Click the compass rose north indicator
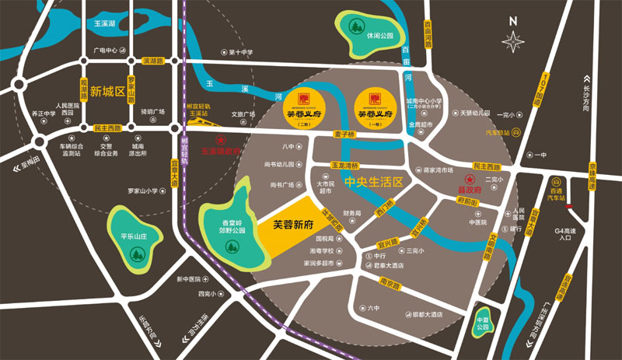point(514,40)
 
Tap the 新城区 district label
point(107,92)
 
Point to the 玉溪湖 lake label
point(104,26)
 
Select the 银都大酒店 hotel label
point(427,314)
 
